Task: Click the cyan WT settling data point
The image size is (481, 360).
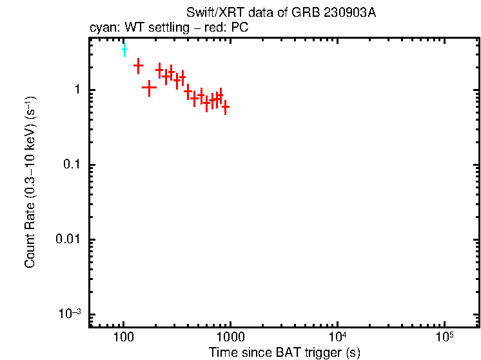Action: [124, 50]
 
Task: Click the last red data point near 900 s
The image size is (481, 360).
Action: [225, 107]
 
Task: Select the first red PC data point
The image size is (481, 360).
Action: [138, 65]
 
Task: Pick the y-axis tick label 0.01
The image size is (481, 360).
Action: [67, 240]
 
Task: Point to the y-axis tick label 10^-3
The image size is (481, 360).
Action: [70, 314]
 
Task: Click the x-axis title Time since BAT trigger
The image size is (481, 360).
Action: [284, 352]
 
